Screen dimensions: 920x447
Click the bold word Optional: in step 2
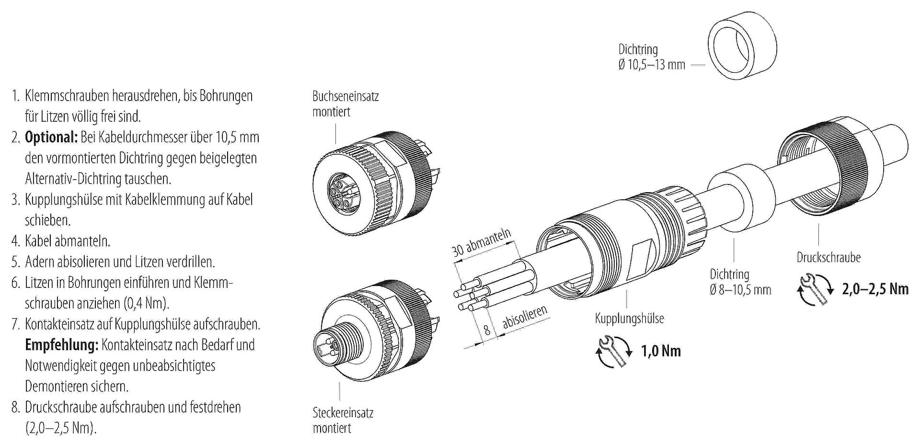(x=51, y=138)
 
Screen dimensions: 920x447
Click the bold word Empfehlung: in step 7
(x=61, y=345)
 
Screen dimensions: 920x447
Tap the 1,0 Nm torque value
(x=661, y=351)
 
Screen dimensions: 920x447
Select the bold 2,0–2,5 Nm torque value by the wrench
(x=875, y=288)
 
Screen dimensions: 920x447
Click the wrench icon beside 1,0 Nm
(x=614, y=351)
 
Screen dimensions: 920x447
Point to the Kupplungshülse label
(x=629, y=319)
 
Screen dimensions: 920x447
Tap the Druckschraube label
(x=828, y=257)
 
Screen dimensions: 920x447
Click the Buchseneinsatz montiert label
(x=345, y=104)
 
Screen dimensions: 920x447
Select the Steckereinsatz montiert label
(x=343, y=420)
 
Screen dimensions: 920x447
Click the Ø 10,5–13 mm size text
(x=652, y=64)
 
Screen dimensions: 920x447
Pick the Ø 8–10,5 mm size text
(x=740, y=290)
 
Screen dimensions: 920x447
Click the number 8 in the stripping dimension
(x=487, y=330)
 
